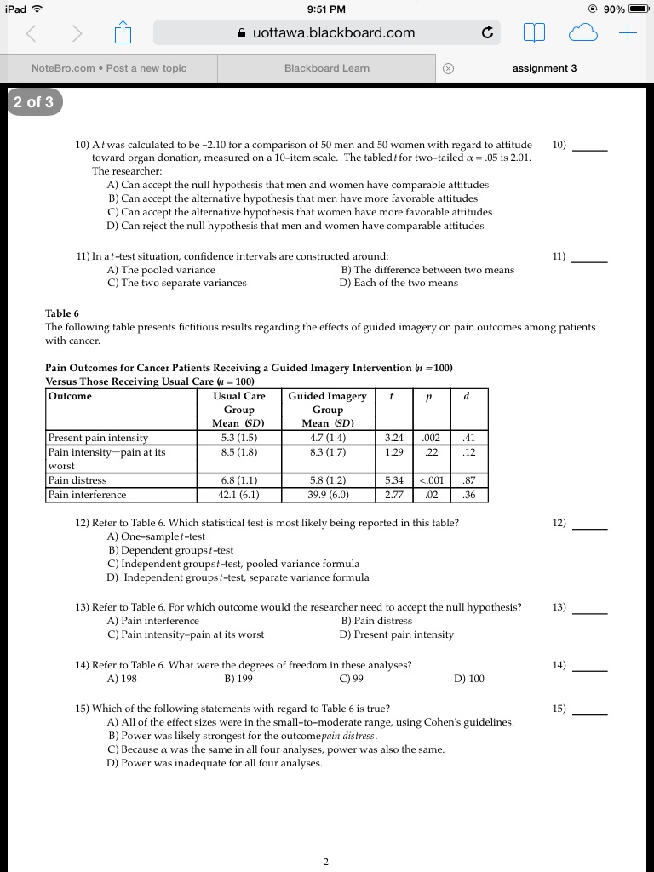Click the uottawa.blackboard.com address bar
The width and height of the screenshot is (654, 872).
click(x=326, y=33)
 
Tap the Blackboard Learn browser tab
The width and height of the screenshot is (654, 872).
click(x=327, y=68)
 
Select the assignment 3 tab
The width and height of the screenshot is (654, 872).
click(x=544, y=68)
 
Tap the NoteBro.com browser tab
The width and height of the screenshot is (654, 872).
click(x=109, y=68)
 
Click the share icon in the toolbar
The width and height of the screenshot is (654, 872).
click(x=121, y=34)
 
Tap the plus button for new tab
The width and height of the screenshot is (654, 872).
click(x=628, y=33)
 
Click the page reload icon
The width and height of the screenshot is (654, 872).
click(x=487, y=34)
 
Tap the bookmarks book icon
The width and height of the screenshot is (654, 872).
click(x=534, y=34)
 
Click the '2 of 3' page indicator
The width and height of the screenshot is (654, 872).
click(x=33, y=102)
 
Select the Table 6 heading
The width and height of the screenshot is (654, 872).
click(x=62, y=313)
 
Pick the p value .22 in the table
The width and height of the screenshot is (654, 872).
click(x=432, y=452)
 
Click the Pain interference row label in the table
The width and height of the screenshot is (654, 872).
click(x=88, y=495)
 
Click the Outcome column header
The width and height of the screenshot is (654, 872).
click(x=71, y=396)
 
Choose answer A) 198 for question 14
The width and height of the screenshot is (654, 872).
click(x=122, y=679)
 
